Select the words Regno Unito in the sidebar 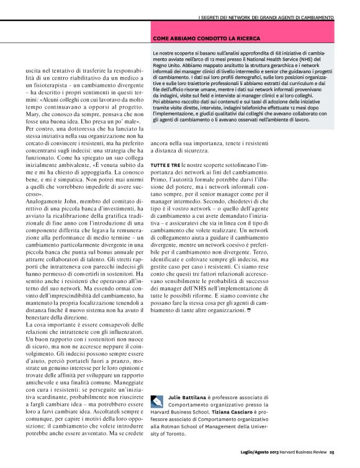(x=166, y=66)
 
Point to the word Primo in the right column (x=160, y=179)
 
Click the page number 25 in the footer (x=332, y=452)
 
